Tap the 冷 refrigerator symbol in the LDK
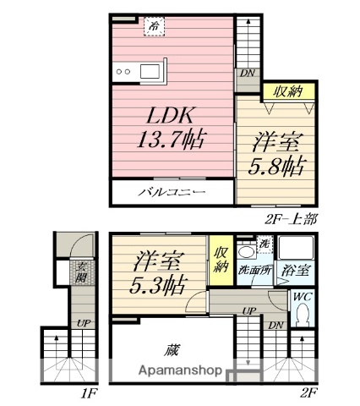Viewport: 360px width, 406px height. tap(154, 27)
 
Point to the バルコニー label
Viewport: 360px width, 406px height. tap(172, 193)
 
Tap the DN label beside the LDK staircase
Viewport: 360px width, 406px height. tap(247, 73)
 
